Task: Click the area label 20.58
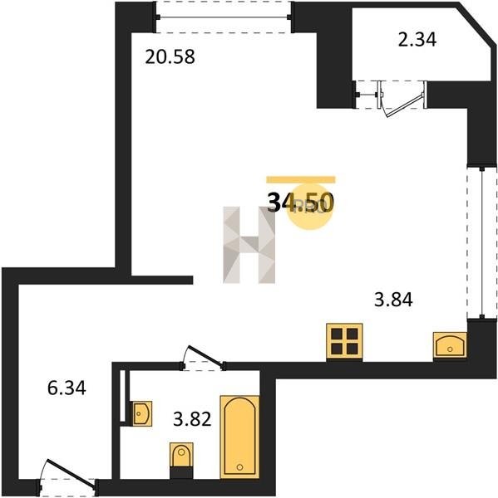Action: (170, 57)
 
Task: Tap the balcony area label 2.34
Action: (417, 40)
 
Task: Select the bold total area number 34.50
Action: (300, 203)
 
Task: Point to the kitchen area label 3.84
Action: (393, 300)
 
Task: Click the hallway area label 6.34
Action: (67, 388)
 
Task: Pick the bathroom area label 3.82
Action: (192, 419)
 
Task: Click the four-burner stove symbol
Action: (345, 342)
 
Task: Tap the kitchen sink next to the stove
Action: (450, 345)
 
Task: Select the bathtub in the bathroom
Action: (239, 437)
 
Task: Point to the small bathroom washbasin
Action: (141, 413)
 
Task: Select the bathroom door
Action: (203, 359)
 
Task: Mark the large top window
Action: (223, 17)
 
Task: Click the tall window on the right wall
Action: (481, 242)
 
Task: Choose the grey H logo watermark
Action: (249, 245)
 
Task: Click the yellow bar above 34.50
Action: (301, 180)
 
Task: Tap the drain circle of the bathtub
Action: (239, 467)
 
